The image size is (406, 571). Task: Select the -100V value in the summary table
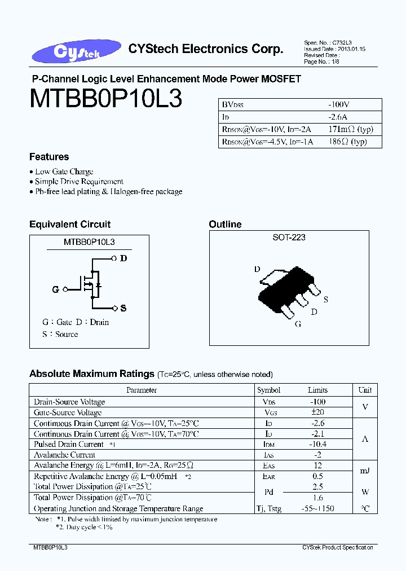[339, 105]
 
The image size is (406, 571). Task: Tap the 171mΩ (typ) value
[350, 129]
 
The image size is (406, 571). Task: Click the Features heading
[49, 157]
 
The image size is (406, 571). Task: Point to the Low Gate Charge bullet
[64, 172]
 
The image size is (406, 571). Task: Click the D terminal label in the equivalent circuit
[123, 258]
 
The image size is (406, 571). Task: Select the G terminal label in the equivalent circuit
[55, 289]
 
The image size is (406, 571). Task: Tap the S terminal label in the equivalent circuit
[123, 308]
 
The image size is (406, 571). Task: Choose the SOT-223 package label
[289, 238]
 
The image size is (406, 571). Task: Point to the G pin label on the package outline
[298, 324]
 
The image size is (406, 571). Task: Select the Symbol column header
[268, 390]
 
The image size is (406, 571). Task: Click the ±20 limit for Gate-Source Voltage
[317, 412]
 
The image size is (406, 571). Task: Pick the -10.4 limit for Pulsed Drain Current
[317, 445]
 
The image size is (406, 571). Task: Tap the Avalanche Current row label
[64, 455]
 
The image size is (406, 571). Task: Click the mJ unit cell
[365, 471]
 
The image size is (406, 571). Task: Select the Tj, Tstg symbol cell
[268, 508]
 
